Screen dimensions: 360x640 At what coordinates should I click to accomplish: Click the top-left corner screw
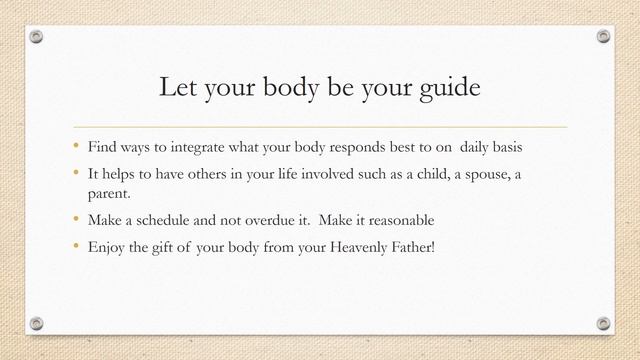(x=37, y=37)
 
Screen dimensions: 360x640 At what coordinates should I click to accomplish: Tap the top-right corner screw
(x=603, y=37)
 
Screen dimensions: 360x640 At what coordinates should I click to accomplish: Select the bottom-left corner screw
(x=37, y=323)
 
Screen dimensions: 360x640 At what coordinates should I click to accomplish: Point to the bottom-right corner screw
(x=603, y=323)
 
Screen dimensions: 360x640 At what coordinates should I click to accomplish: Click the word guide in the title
(x=447, y=89)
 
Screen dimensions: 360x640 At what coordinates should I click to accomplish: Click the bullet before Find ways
(x=73, y=146)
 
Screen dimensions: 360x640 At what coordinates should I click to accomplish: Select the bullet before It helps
(x=73, y=174)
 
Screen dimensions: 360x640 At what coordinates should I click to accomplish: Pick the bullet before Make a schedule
(x=73, y=219)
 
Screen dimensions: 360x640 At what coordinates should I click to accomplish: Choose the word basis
(x=503, y=147)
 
